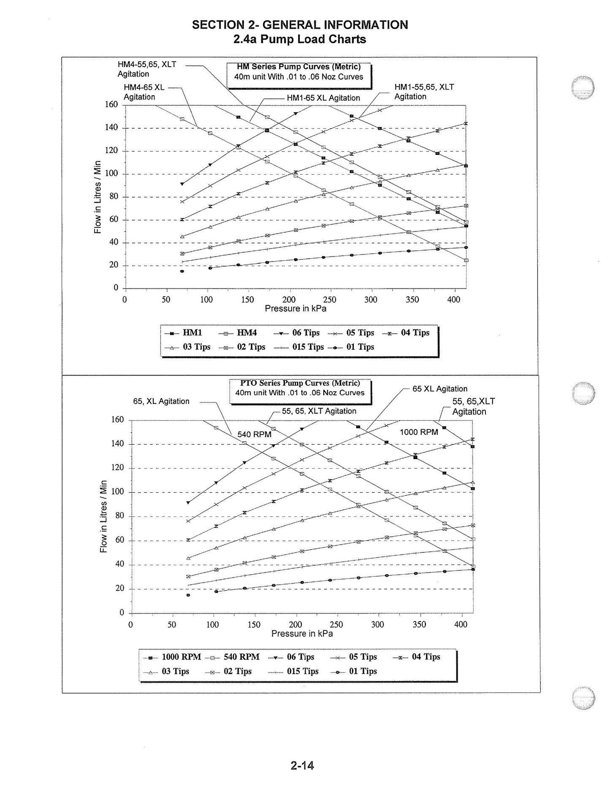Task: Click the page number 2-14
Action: (302, 765)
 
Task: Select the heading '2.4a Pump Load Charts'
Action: (300, 39)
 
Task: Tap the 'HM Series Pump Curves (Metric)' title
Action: (299, 67)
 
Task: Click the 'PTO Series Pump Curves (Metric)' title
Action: (300, 383)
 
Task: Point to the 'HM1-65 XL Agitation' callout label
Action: (323, 98)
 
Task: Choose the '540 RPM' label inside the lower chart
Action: (255, 435)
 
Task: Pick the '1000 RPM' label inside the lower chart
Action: (419, 432)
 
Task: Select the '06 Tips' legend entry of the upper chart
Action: (297, 333)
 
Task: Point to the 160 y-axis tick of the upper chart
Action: (111, 105)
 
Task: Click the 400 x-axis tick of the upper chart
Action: (454, 300)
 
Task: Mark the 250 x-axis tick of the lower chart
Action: (336, 624)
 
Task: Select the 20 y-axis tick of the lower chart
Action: (120, 589)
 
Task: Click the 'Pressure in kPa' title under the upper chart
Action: (296, 308)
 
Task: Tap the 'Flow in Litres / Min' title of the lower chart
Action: (103, 516)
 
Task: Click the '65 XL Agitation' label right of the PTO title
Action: (440, 389)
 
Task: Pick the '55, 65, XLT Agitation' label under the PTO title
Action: (319, 411)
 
